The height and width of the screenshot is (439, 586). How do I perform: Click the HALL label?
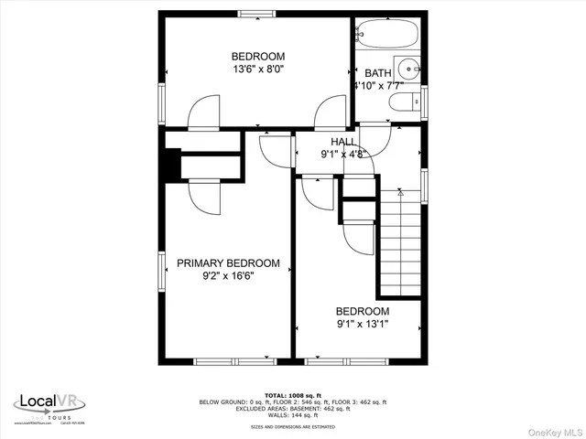343,142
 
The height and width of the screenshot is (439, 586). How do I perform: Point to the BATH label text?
378,73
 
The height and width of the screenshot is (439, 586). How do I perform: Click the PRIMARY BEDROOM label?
228,263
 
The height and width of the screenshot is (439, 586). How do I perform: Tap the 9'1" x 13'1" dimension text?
362,324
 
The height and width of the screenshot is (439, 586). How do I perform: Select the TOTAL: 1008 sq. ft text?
292,396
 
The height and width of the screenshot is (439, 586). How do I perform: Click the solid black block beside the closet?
168,166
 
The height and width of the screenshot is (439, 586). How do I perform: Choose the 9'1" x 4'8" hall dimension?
343,155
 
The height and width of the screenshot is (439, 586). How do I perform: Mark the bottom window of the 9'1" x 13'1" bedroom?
353,360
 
